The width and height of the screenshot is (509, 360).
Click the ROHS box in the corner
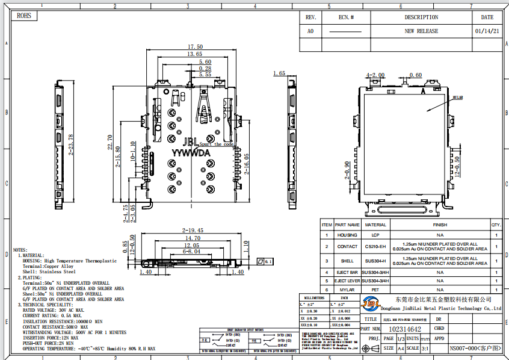click(x=24, y=16)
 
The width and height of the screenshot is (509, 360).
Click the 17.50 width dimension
click(x=195, y=47)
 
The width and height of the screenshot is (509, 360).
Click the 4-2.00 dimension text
click(x=375, y=75)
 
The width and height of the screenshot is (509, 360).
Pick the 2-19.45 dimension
click(x=193, y=231)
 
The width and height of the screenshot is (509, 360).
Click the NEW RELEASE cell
click(x=421, y=31)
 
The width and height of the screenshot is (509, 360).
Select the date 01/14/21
click(x=487, y=31)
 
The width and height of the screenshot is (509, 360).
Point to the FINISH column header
click(x=440, y=225)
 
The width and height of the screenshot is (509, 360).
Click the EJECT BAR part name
click(x=347, y=272)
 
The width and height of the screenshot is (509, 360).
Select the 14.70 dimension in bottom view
click(x=192, y=238)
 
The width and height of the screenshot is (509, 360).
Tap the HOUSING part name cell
click(x=347, y=235)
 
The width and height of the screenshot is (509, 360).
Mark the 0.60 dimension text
click(x=415, y=75)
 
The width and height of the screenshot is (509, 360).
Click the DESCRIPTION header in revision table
click(x=421, y=17)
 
